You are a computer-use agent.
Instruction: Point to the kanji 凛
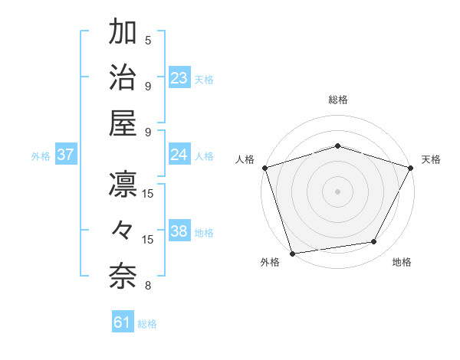[x=123, y=185]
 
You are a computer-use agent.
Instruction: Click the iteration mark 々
[x=123, y=231]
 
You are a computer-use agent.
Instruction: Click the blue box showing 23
[x=179, y=78]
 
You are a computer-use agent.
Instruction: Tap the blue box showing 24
[x=179, y=155]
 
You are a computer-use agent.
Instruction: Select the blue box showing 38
[x=179, y=231]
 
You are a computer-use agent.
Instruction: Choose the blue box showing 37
[x=66, y=155]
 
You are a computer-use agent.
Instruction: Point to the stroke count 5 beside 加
[x=148, y=41]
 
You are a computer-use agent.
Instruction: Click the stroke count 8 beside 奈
[x=148, y=286]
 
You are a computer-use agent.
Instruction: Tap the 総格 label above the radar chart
[x=337, y=100]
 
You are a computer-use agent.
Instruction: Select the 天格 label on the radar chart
[x=432, y=159]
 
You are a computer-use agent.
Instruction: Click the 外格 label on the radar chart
[x=270, y=263]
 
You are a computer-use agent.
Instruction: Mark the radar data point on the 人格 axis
[x=264, y=167]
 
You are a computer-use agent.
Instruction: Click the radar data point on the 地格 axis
[x=374, y=242]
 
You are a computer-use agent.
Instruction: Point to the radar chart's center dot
[x=337, y=191]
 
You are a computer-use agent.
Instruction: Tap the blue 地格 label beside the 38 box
[x=204, y=233]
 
